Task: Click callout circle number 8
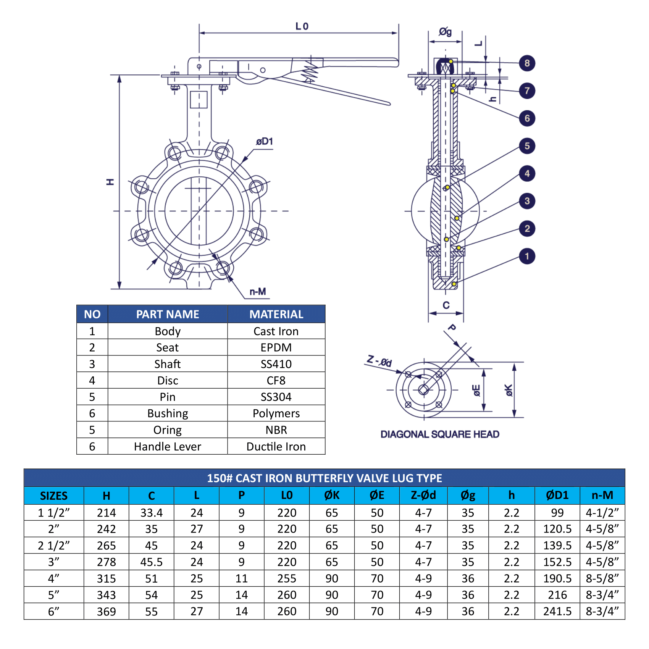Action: (x=527, y=63)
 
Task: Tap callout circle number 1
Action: (x=527, y=256)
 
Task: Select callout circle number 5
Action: (x=527, y=146)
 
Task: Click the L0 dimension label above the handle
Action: (x=302, y=26)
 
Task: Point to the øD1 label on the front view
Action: (x=265, y=142)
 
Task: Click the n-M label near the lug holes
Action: (x=258, y=292)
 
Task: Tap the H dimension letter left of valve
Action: (x=110, y=182)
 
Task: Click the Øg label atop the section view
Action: (x=445, y=32)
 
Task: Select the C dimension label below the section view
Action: (x=446, y=305)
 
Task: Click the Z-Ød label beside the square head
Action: (x=379, y=361)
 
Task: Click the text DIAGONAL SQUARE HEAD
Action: (x=440, y=434)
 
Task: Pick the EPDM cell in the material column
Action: (x=276, y=347)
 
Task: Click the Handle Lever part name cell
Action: (x=167, y=446)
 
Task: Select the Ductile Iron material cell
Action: (x=276, y=446)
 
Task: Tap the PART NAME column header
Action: (x=167, y=314)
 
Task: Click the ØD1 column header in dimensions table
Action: (x=557, y=495)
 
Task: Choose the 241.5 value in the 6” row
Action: (x=557, y=611)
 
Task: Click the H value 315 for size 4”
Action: (x=106, y=578)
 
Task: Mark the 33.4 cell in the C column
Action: (x=151, y=512)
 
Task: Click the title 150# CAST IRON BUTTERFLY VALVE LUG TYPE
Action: (x=324, y=478)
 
